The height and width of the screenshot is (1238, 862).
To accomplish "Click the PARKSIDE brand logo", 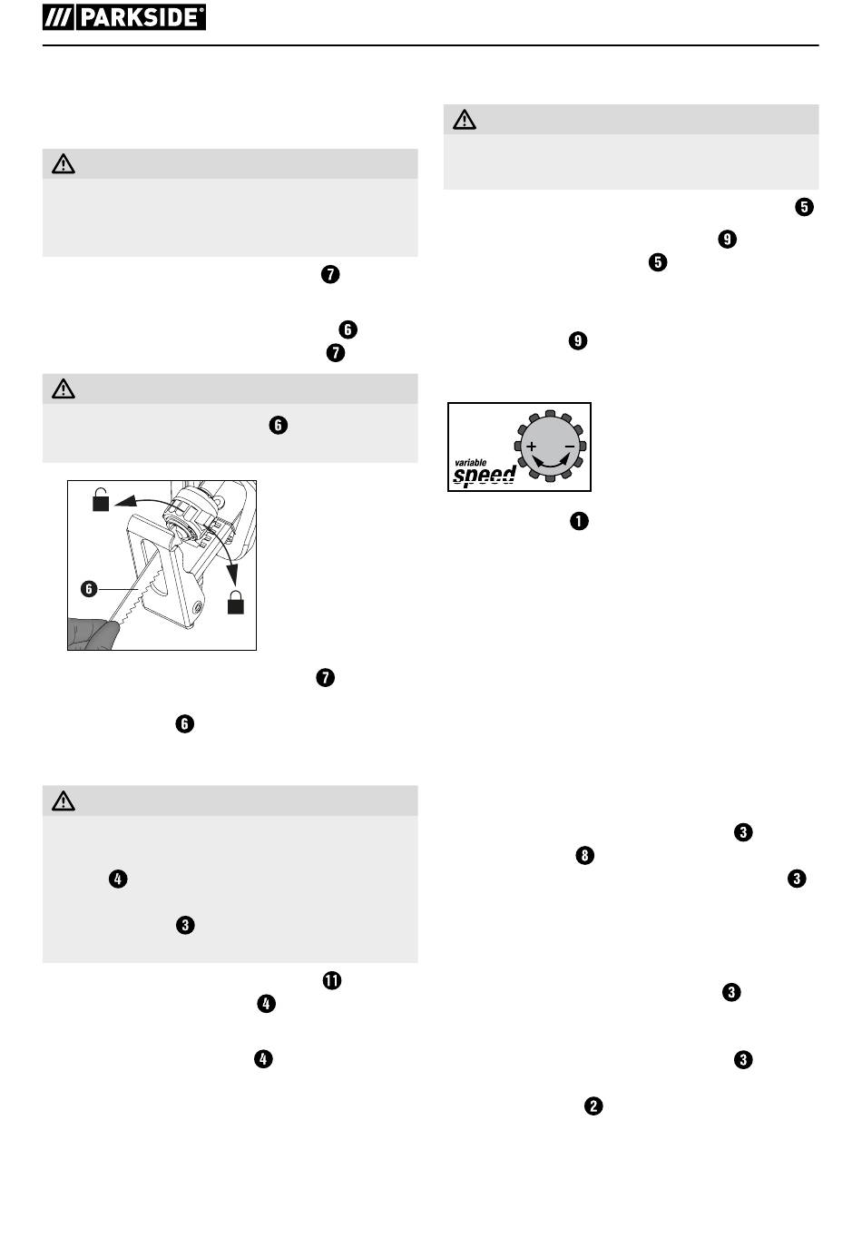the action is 123,17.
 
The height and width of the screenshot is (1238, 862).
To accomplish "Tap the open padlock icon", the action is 101,499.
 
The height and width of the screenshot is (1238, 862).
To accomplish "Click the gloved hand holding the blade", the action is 93,634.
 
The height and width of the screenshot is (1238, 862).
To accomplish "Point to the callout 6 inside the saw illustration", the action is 89,589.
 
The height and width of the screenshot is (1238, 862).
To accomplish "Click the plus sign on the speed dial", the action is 531,446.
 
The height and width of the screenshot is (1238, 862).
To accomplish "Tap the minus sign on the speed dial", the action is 570,446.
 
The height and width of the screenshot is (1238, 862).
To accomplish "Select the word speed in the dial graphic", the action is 485,476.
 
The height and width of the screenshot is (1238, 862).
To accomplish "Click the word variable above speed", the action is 470,463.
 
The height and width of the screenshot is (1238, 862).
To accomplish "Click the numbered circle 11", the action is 331,980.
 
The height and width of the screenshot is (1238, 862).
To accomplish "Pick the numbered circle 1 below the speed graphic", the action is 579,521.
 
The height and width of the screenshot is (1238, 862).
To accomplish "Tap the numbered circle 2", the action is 593,1105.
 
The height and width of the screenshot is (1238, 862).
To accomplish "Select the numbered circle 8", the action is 584,856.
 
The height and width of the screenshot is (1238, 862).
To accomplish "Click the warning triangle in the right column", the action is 465,120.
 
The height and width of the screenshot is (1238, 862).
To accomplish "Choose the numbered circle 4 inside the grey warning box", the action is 118,879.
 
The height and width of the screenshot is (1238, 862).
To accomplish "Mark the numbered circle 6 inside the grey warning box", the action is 278,425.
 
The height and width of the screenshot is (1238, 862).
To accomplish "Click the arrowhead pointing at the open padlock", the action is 124,501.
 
